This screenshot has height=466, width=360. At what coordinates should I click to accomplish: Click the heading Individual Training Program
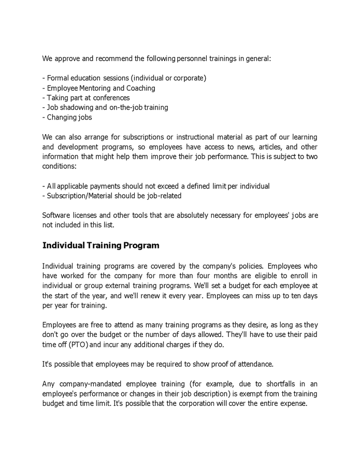100,245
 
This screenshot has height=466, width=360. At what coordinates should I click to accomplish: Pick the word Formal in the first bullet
58,78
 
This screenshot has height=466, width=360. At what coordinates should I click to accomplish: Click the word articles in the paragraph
257,147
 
